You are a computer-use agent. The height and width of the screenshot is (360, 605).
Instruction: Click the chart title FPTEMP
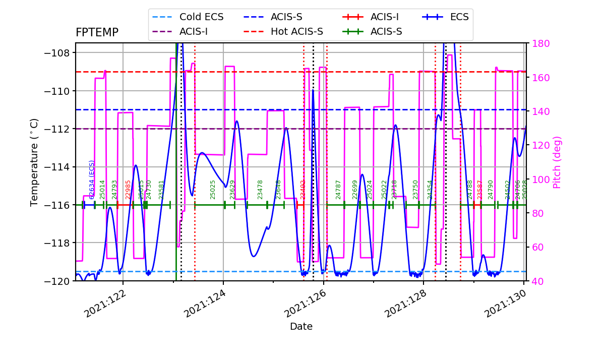(97, 33)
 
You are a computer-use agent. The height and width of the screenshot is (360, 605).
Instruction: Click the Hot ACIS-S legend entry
(296, 31)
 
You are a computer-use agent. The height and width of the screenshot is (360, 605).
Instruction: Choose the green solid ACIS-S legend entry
(386, 31)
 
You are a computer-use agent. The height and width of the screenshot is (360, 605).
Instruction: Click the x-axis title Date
(301, 327)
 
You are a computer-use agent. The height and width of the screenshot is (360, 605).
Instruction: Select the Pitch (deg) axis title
(557, 162)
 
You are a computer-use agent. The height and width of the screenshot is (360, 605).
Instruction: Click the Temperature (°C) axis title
(34, 162)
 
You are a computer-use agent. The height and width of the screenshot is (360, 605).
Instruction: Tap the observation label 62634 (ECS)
(92, 179)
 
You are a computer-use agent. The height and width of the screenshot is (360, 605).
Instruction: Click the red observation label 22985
(128, 189)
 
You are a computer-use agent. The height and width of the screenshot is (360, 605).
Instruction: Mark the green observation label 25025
(213, 189)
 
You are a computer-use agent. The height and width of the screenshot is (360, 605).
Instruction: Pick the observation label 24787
(338, 189)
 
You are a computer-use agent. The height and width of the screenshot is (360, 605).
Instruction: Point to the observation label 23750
(415, 189)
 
